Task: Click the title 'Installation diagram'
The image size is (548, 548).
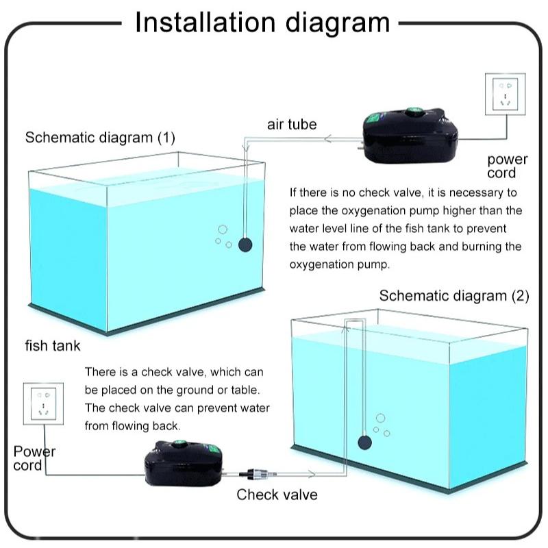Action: pyautogui.click(x=262, y=22)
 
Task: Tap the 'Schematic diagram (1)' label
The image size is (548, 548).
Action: pyautogui.click(x=100, y=137)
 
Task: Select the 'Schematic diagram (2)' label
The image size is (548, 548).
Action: pyautogui.click(x=454, y=296)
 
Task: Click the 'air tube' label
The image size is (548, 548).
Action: pyautogui.click(x=292, y=124)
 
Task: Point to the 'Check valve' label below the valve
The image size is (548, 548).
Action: pyautogui.click(x=277, y=494)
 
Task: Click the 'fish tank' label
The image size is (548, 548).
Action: pyautogui.click(x=53, y=345)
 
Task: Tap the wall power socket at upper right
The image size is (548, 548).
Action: pyautogui.click(x=507, y=95)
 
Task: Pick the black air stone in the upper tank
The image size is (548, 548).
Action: pyautogui.click(x=244, y=244)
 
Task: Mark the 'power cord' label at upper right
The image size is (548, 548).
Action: pyautogui.click(x=507, y=166)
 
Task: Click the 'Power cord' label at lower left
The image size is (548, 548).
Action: pyautogui.click(x=34, y=458)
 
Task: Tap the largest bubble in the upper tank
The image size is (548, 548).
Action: pyautogui.click(x=221, y=230)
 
